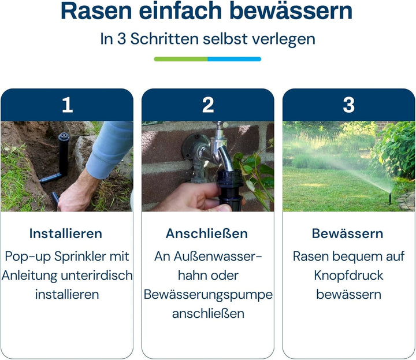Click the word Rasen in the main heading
[x=92, y=12]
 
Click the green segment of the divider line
[x=180, y=59]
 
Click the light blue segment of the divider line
[x=234, y=59]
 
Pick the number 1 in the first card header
[x=67, y=105]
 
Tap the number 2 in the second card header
[x=208, y=105]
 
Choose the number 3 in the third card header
[x=348, y=105]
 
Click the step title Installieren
[x=66, y=233]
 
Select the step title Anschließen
[x=207, y=233]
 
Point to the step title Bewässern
[x=348, y=233]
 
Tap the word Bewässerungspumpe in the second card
[x=208, y=294]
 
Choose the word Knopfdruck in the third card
[x=348, y=275]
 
